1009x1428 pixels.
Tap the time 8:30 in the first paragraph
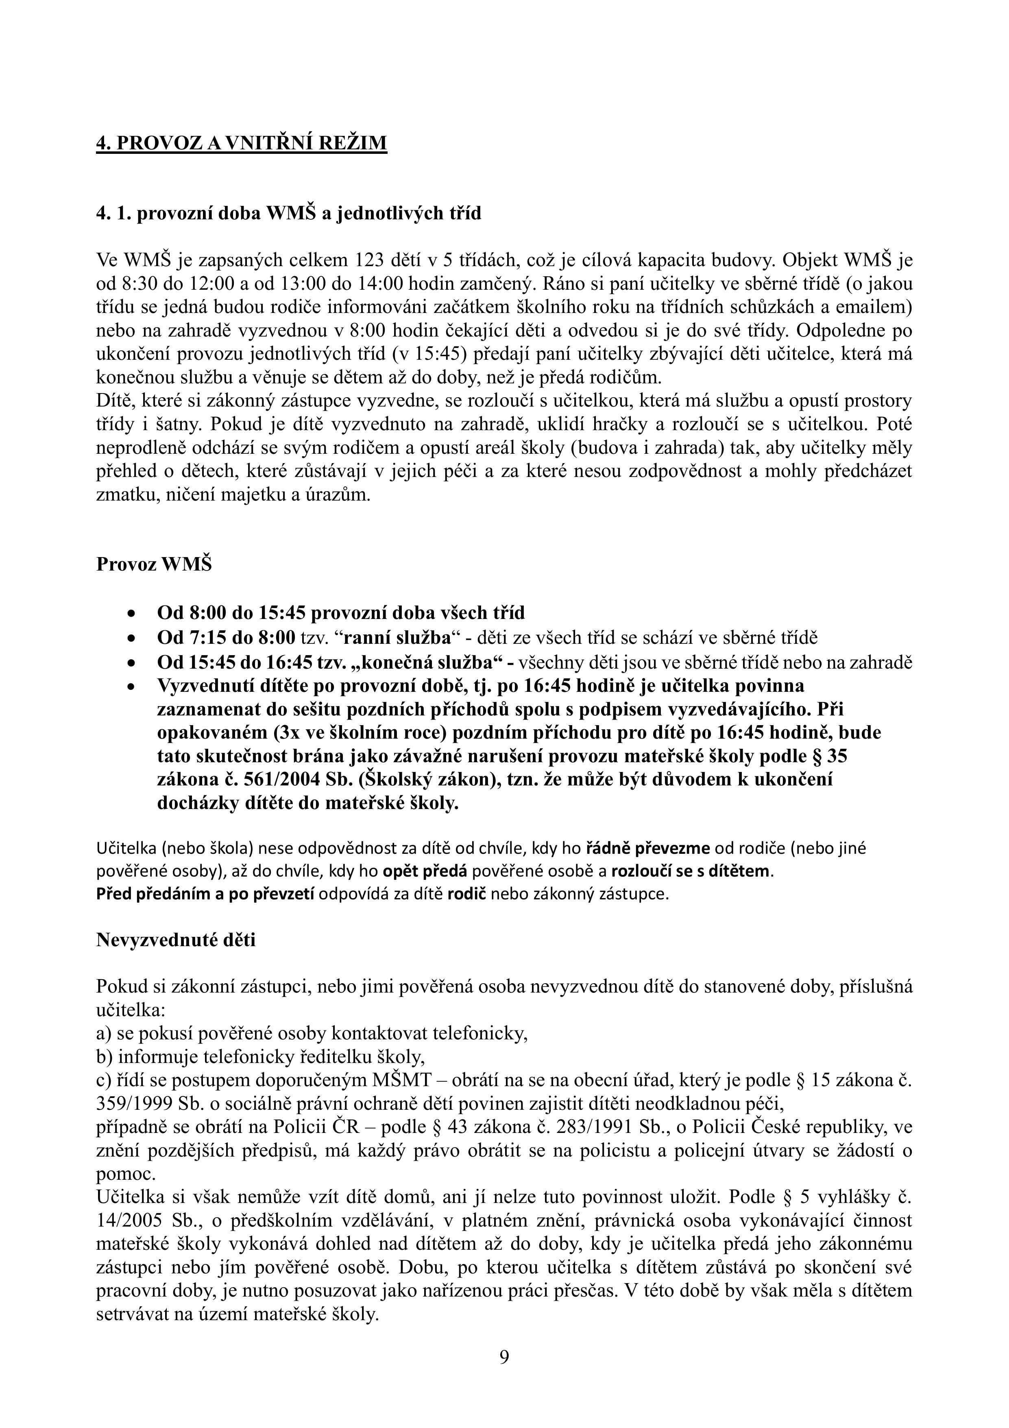(x=132, y=284)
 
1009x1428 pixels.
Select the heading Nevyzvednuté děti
(x=176, y=939)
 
